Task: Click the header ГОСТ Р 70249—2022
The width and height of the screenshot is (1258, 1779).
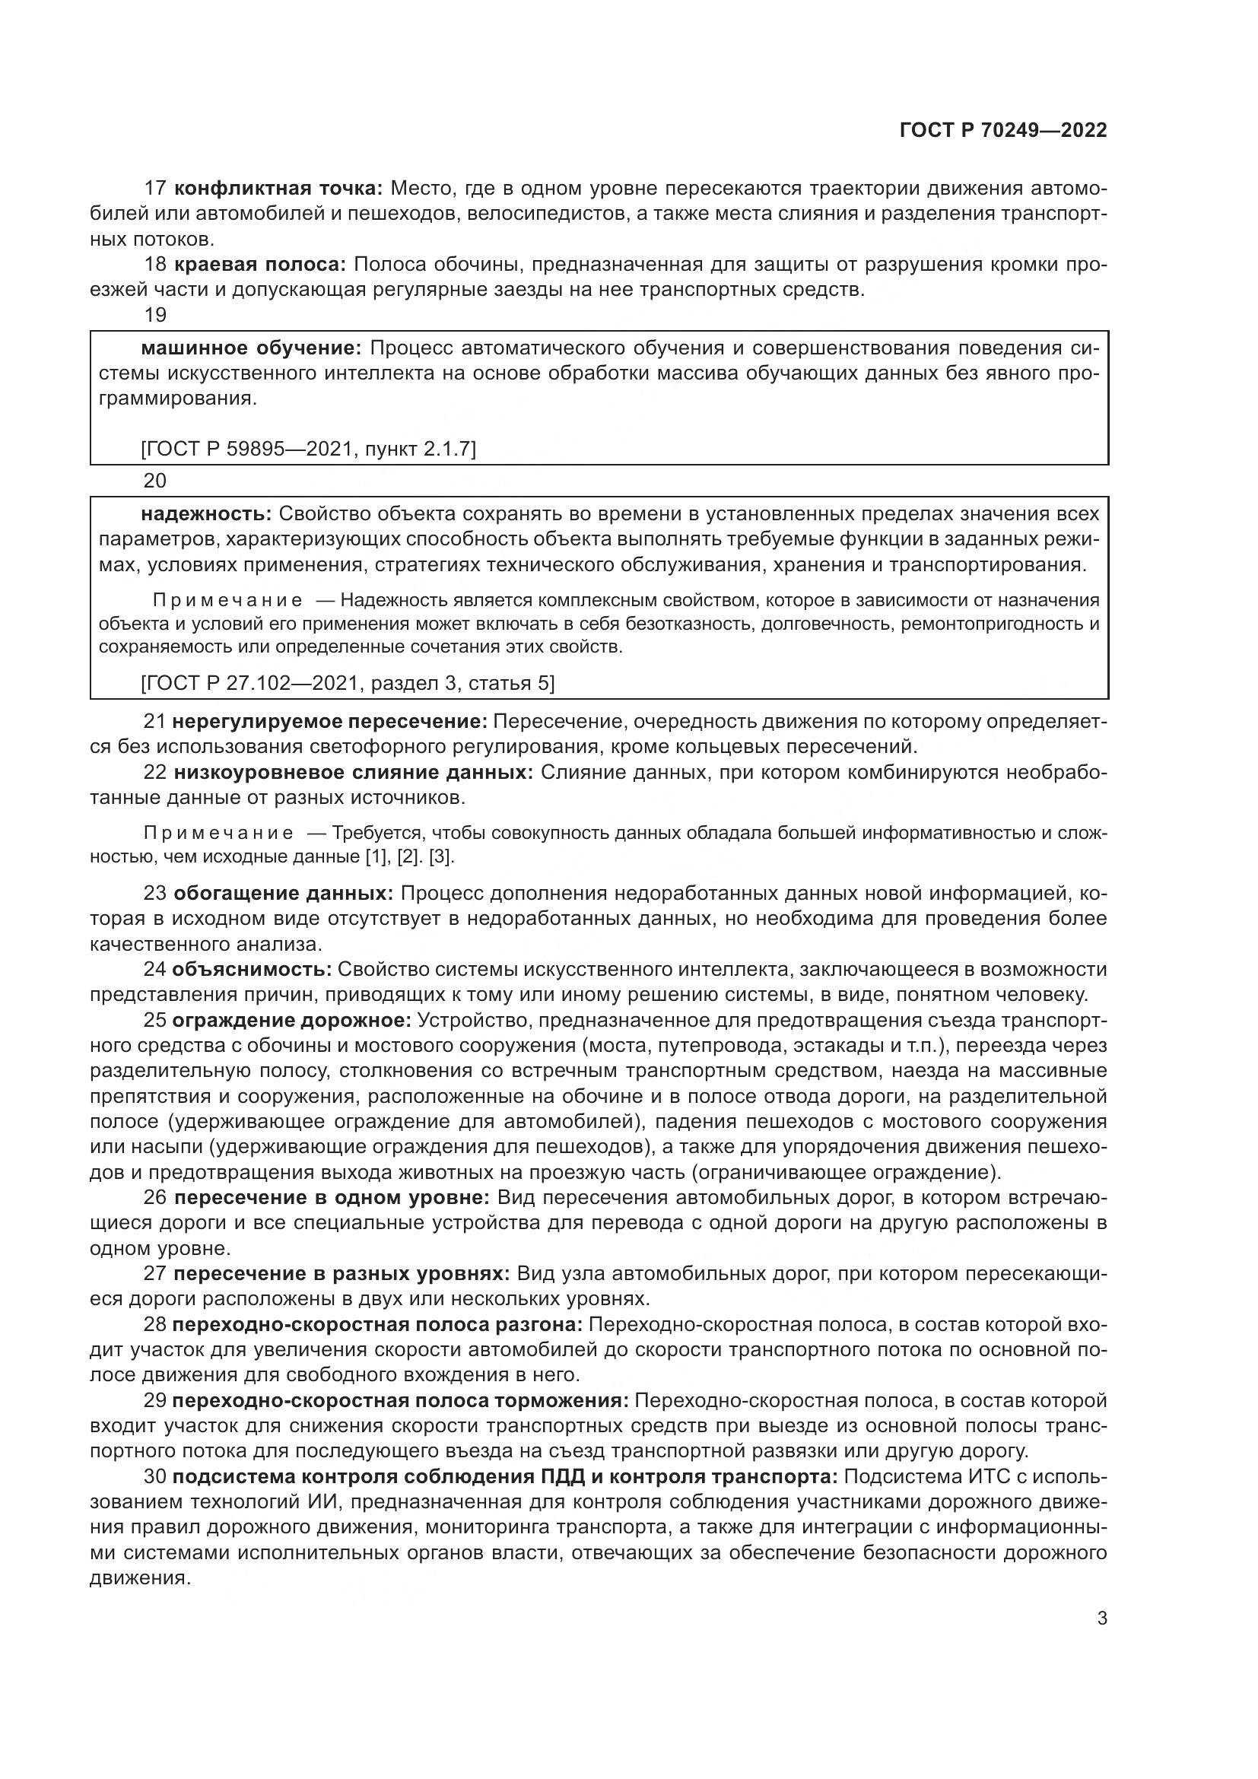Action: (x=1003, y=130)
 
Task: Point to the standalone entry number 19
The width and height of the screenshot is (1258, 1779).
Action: (x=155, y=316)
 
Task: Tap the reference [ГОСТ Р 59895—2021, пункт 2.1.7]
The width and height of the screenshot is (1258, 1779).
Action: (x=307, y=448)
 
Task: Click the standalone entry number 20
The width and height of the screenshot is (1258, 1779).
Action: (x=155, y=481)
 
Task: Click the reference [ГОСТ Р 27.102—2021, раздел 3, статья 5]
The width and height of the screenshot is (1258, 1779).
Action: (x=348, y=682)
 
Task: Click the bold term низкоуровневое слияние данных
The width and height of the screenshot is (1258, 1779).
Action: (x=353, y=773)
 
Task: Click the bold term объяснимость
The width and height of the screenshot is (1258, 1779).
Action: (x=252, y=969)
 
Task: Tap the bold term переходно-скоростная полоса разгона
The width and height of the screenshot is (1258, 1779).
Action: (x=377, y=1325)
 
